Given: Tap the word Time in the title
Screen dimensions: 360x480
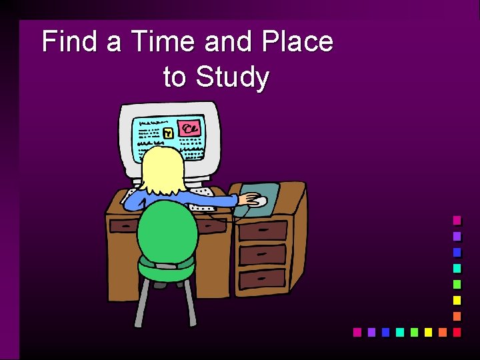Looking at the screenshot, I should point(162,42).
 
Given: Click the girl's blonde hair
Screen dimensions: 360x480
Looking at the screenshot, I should point(162,171).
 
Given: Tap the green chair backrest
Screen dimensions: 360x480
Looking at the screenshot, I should point(168,231).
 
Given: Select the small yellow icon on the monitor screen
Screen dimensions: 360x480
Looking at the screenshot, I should point(169,133).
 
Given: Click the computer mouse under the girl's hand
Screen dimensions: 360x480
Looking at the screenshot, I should point(258,201).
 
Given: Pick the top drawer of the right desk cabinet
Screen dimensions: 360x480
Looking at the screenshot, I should point(263,231).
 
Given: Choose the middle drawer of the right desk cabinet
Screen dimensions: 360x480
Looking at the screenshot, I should point(263,254).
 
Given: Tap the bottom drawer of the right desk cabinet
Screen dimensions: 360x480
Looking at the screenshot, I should point(263,278).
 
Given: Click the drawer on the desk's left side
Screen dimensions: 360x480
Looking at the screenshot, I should point(123,226).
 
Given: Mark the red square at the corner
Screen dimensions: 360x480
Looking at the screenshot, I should point(457,331).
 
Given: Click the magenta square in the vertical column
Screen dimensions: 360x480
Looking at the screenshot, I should point(457,220).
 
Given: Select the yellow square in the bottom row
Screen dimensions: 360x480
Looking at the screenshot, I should point(427,331).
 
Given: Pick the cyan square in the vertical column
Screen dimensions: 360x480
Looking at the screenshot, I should point(457,268).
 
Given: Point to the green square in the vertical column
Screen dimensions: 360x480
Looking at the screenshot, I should point(457,284).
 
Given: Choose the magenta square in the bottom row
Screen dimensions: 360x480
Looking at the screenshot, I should point(357,331).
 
